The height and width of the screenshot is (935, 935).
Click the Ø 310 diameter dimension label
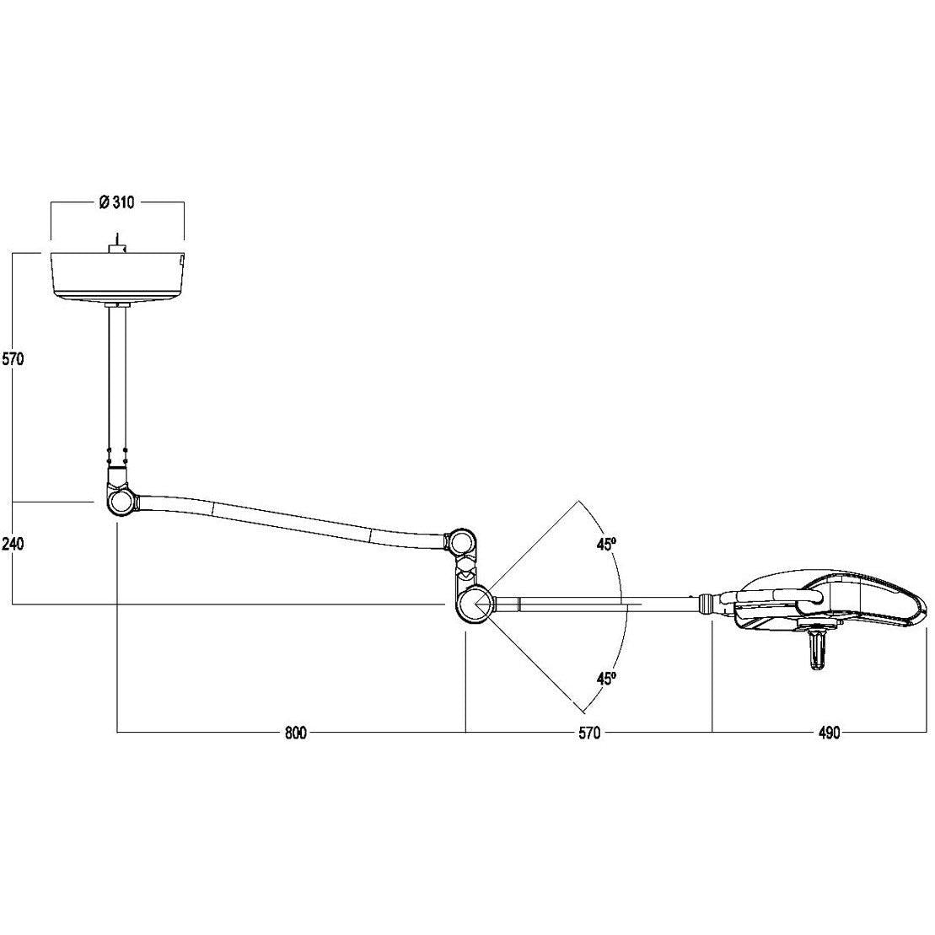[x=117, y=202]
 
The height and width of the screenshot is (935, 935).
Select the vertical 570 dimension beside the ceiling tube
[x=12, y=358]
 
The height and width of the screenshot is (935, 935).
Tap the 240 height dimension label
[x=12, y=544]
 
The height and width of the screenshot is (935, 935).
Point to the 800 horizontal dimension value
[x=294, y=733]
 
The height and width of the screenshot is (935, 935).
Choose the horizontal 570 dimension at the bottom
[x=589, y=733]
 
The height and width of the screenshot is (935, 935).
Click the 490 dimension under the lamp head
[x=829, y=733]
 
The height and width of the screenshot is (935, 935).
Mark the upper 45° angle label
[x=605, y=545]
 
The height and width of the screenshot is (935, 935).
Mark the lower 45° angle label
[x=605, y=678]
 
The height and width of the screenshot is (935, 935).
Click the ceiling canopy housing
[x=117, y=274]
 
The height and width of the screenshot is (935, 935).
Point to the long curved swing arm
[x=287, y=516]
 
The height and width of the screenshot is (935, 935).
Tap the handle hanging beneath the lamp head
[x=816, y=652]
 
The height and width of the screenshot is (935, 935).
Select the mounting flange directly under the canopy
[x=118, y=304]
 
